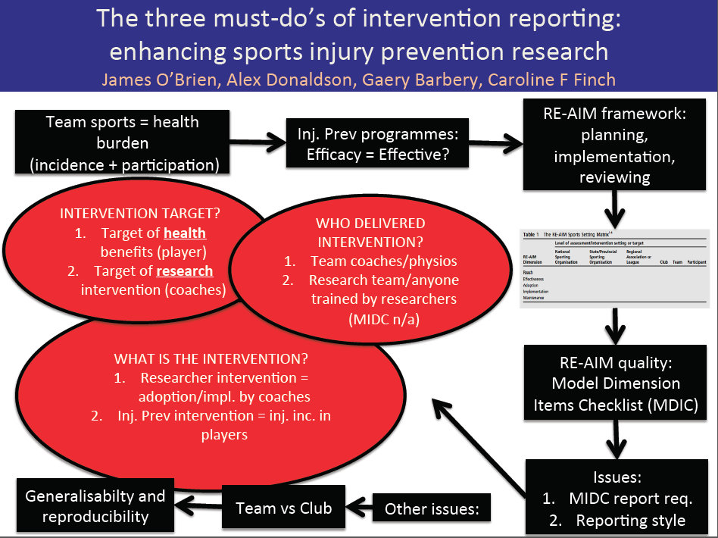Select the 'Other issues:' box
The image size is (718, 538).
coord(432,509)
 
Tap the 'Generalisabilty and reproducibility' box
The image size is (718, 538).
coord(95,507)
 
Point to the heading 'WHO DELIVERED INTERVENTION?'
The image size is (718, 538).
coord(370,233)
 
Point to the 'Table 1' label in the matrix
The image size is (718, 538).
coord(535,235)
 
